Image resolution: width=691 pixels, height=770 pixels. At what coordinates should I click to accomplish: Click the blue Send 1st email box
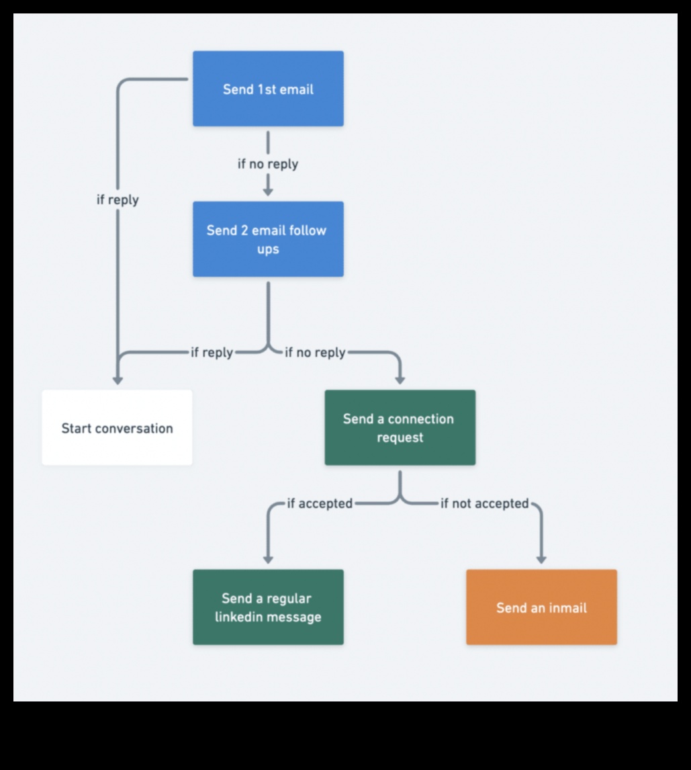tap(268, 89)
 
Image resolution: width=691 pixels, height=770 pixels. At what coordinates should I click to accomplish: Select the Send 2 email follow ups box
tap(268, 239)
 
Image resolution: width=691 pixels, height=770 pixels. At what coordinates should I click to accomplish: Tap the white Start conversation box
tap(117, 428)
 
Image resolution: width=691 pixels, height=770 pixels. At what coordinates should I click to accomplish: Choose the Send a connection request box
tap(400, 428)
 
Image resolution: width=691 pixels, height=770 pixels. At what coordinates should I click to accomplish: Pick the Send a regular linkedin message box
tap(268, 607)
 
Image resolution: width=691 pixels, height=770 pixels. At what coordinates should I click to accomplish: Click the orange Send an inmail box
tap(541, 607)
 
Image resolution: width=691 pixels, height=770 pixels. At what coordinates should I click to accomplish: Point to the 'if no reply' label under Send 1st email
tap(268, 164)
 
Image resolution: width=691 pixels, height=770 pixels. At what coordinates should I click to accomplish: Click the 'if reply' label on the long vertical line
tap(118, 200)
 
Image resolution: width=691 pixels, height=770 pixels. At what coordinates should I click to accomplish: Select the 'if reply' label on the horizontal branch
tap(212, 352)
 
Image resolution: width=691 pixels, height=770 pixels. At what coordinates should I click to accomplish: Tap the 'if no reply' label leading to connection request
tap(315, 352)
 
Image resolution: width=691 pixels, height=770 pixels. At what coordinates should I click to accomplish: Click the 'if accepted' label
tap(320, 503)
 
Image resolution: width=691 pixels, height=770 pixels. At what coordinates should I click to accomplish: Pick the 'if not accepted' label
tap(484, 503)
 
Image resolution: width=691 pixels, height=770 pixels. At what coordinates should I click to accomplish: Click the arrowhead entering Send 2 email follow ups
tap(268, 191)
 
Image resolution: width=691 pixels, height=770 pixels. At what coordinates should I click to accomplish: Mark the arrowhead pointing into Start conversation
tap(118, 380)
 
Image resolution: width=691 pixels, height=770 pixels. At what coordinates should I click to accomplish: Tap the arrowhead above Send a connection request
tap(400, 380)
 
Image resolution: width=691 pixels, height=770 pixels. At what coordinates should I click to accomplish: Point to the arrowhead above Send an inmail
tap(541, 560)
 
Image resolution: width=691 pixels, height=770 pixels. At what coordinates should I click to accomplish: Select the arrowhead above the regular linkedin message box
tap(268, 560)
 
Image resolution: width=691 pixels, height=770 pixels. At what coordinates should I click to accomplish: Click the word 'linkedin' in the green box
tap(240, 617)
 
